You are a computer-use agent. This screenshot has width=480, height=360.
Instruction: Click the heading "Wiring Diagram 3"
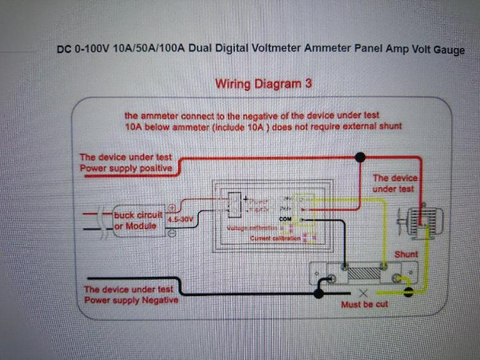[x=263, y=84]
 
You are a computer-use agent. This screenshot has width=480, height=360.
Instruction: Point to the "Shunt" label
[x=406, y=254]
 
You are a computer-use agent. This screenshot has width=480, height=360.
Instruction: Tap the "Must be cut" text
[x=364, y=304]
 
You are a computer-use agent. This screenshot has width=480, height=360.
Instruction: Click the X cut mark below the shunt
[x=364, y=293]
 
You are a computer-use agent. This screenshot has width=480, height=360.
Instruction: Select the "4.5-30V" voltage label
[x=183, y=219]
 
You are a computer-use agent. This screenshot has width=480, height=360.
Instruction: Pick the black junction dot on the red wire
[x=360, y=155]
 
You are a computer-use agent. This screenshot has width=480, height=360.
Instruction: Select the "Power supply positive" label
[x=125, y=168]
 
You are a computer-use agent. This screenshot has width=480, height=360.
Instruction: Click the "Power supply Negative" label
[x=131, y=300]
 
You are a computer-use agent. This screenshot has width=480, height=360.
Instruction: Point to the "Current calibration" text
[x=275, y=239]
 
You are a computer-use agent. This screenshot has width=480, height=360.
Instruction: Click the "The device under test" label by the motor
[x=394, y=184]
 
